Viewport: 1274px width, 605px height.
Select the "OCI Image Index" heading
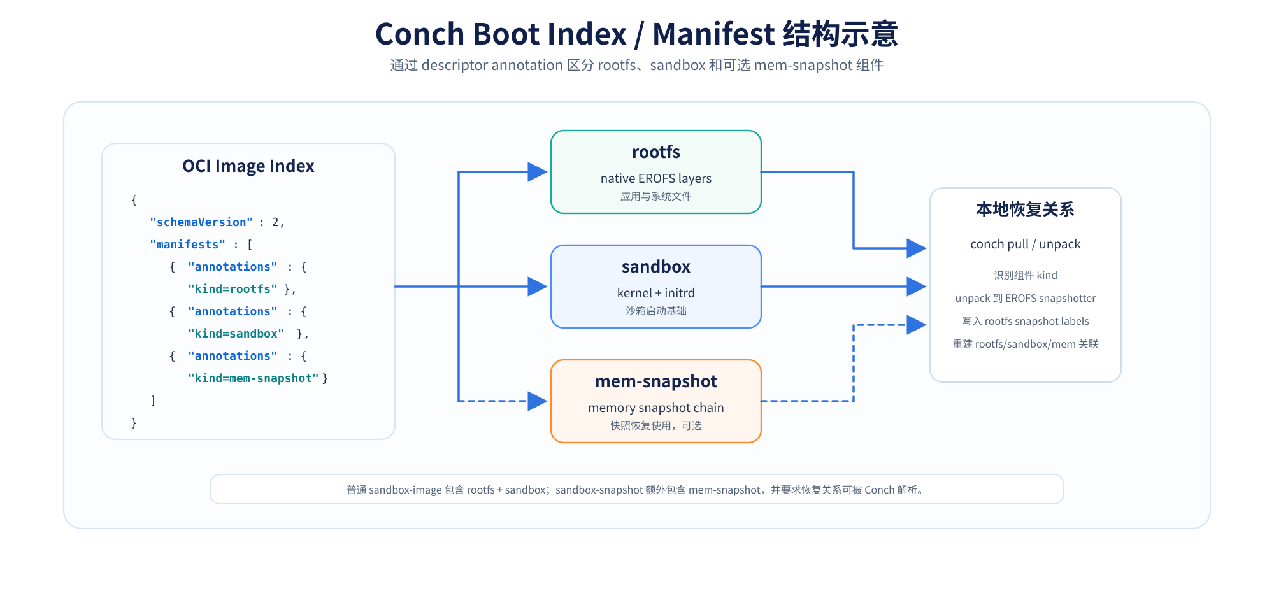click(248, 166)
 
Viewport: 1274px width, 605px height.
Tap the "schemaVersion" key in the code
click(201, 222)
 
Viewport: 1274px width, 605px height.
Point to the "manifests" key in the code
click(188, 245)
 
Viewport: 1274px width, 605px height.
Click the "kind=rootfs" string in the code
click(233, 289)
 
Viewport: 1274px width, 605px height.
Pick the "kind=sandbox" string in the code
click(236, 334)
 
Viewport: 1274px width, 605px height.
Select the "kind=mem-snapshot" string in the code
click(254, 378)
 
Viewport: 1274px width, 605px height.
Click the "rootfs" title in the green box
click(656, 152)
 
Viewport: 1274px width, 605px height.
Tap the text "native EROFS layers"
click(656, 178)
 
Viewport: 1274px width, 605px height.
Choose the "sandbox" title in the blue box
click(656, 267)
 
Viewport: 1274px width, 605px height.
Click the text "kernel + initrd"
click(656, 293)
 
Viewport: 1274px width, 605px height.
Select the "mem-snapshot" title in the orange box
click(656, 381)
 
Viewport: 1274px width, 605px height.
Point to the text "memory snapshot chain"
click(656, 408)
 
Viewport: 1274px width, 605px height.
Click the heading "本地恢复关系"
click(1026, 210)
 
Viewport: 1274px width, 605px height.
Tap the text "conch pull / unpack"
click(1026, 245)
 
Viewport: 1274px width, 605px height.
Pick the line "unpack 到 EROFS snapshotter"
click(1026, 298)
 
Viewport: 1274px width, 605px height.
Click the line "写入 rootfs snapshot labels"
click(1026, 321)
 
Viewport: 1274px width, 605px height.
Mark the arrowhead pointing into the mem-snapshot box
click(538, 401)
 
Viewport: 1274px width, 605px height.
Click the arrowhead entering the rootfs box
click(538, 172)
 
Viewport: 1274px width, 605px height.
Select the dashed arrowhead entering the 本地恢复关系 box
click(917, 325)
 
